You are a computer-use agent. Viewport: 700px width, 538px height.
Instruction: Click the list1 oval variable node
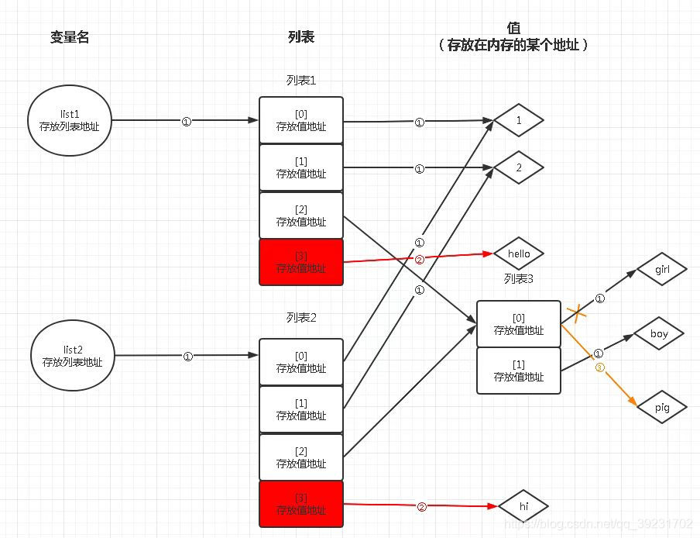click(69, 120)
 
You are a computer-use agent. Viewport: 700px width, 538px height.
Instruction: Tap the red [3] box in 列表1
click(301, 262)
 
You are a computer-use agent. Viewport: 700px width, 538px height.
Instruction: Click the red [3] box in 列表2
click(301, 504)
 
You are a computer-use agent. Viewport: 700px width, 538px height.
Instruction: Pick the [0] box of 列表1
click(301, 120)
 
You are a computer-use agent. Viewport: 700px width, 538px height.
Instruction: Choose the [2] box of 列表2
click(301, 457)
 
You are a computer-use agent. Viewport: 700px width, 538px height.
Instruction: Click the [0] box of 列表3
click(519, 324)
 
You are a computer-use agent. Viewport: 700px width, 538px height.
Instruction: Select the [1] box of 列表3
click(519, 371)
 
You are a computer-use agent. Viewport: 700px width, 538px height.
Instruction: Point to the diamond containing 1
click(519, 121)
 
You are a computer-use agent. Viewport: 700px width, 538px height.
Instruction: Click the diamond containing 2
click(519, 168)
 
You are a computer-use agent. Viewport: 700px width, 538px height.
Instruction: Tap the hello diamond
click(519, 253)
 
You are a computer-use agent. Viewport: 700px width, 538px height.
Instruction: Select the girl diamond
click(662, 270)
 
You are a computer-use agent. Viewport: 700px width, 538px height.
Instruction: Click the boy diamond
click(659, 334)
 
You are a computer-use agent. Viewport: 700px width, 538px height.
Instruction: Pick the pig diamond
click(661, 407)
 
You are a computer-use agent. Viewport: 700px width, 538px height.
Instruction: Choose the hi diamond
click(523, 506)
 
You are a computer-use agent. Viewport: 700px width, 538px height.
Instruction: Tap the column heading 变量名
click(70, 37)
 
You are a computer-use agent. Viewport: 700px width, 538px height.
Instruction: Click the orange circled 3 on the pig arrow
click(599, 367)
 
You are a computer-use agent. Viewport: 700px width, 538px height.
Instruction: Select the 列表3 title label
click(518, 279)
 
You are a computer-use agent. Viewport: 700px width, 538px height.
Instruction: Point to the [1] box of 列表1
click(301, 167)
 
